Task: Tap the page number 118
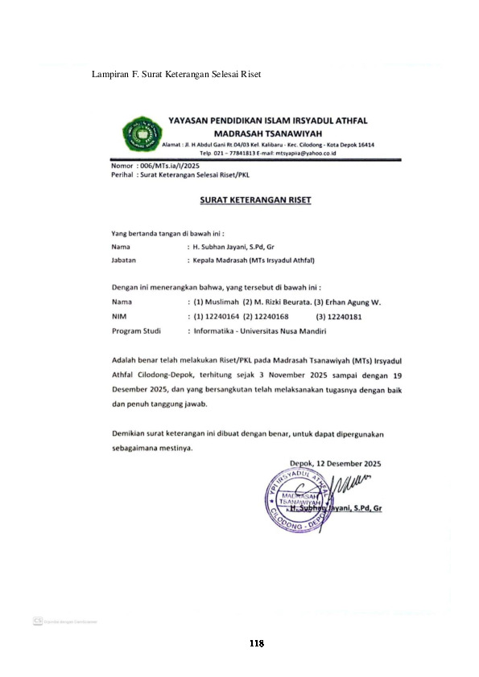pos(256,643)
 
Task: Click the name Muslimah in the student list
pos(223,302)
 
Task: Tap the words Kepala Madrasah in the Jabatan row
pos(219,261)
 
